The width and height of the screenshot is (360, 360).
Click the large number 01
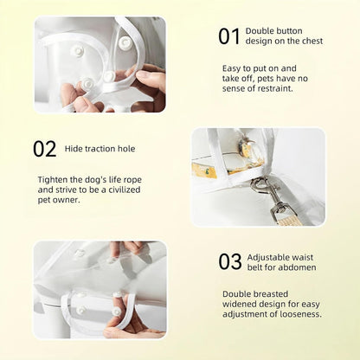coord(229,36)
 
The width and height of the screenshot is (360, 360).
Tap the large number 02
coord(44,149)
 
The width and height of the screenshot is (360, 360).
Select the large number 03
coord(230,261)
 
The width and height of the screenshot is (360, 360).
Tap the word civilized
coord(125,190)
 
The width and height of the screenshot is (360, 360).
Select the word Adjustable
coord(266,258)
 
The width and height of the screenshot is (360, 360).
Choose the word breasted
coord(271,294)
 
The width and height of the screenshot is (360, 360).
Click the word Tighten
coord(53,180)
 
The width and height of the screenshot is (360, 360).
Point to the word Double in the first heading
coord(258,31)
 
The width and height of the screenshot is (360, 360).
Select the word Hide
coord(73,149)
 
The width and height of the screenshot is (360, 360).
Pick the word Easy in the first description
coord(231,69)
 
